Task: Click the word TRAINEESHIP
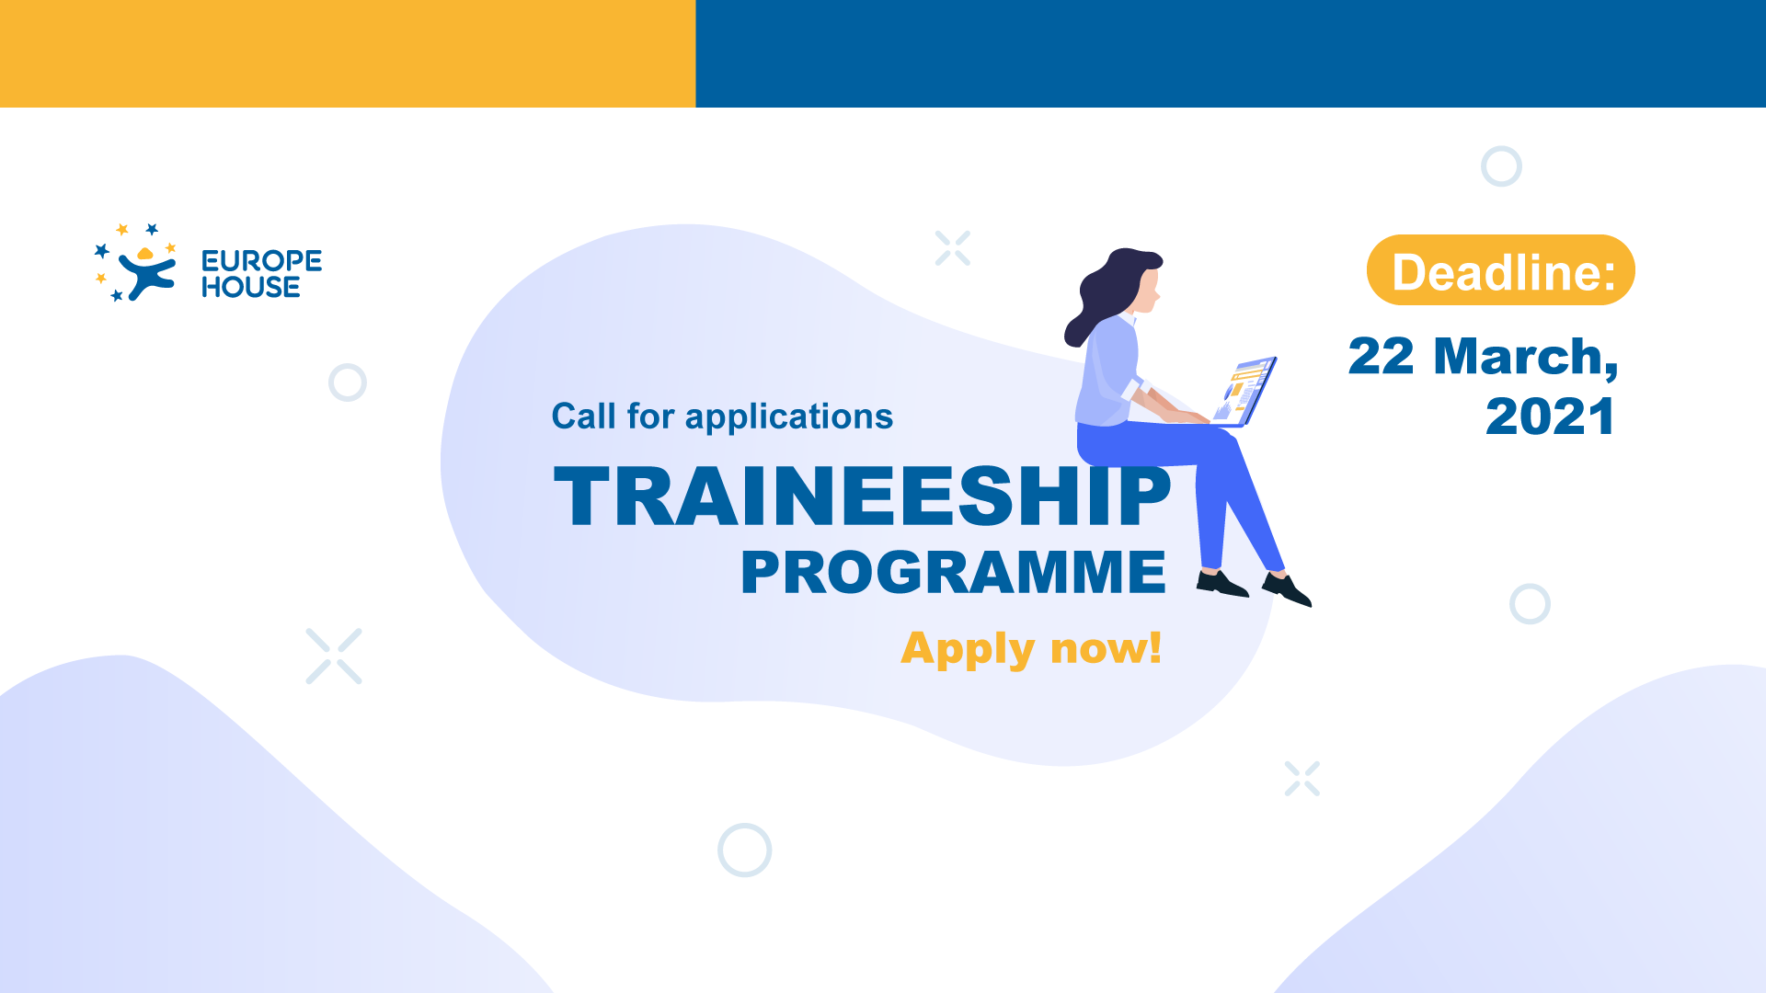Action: tap(862, 496)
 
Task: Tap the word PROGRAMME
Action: tap(953, 573)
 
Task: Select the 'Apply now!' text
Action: tap(1031, 648)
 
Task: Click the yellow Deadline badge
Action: tap(1500, 270)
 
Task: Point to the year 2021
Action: tap(1550, 417)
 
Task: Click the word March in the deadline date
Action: tap(1525, 357)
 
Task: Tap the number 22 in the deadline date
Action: tap(1381, 357)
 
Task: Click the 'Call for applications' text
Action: tap(722, 417)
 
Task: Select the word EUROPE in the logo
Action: tap(261, 260)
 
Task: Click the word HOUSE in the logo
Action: tap(250, 287)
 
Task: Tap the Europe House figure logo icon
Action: tap(138, 264)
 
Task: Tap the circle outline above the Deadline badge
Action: tap(1501, 166)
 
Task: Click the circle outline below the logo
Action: tap(348, 382)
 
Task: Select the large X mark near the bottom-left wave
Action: tap(334, 656)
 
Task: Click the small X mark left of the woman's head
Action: tap(953, 248)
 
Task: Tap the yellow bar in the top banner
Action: tap(348, 53)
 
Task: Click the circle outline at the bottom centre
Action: tap(744, 850)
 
